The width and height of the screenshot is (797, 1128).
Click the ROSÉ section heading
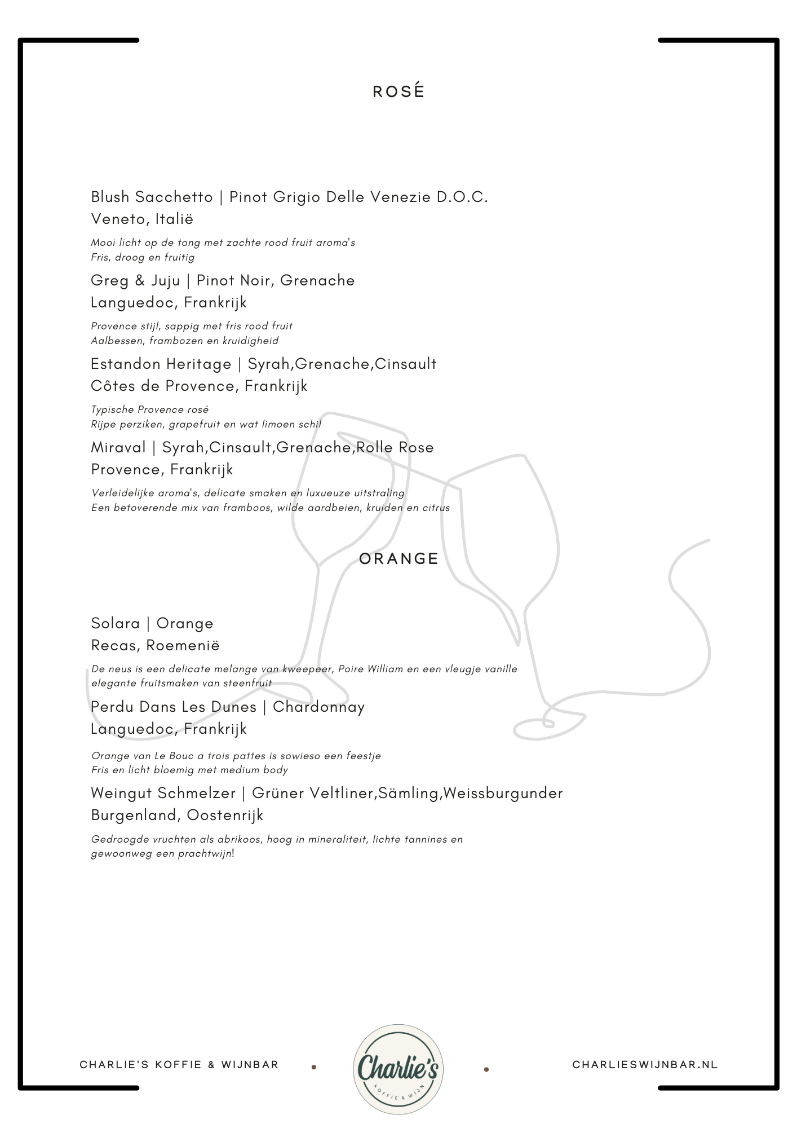point(398,92)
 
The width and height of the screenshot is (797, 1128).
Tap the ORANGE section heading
point(398,558)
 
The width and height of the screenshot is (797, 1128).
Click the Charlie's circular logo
point(398,1069)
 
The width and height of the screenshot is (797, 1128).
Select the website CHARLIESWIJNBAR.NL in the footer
point(645,1064)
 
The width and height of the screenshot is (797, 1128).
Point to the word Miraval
point(118,447)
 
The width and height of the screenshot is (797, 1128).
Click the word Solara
point(115,623)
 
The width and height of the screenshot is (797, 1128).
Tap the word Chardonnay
point(318,707)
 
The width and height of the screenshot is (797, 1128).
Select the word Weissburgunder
point(503,793)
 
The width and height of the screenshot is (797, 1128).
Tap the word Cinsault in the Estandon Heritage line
point(405,364)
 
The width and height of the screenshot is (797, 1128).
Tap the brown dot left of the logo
point(314,1067)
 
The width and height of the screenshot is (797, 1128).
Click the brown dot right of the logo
point(486,1069)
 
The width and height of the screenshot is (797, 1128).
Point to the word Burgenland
point(135,815)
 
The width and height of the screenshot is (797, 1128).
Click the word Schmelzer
point(197,793)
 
